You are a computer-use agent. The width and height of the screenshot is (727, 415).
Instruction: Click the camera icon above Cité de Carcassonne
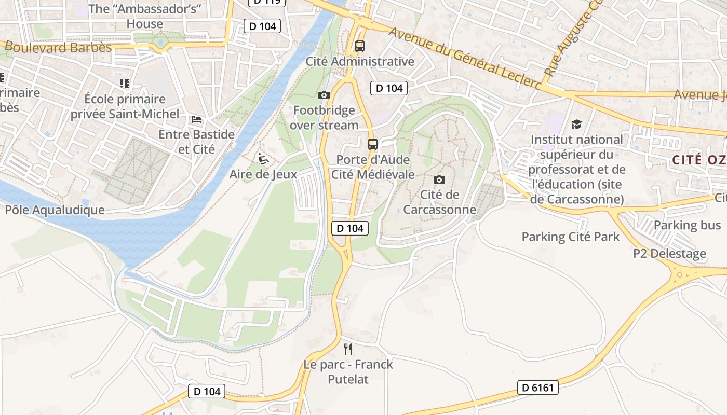click(x=439, y=179)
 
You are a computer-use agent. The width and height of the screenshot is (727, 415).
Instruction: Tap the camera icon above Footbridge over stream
click(x=324, y=95)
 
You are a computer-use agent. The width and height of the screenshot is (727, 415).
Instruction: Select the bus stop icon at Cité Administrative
click(x=360, y=46)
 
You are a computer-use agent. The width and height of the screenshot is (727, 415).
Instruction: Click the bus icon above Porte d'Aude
click(x=372, y=144)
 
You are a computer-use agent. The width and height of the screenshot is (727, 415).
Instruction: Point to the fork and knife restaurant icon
click(x=348, y=349)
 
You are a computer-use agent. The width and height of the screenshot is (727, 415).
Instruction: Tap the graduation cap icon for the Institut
click(x=576, y=124)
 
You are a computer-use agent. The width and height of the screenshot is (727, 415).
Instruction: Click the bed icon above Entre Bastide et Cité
click(x=196, y=119)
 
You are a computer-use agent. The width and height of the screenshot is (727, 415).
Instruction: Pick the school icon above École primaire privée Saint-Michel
click(x=125, y=83)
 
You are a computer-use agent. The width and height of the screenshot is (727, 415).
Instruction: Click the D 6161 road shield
click(x=538, y=388)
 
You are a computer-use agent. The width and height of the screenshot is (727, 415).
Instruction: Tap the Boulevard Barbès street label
click(x=58, y=48)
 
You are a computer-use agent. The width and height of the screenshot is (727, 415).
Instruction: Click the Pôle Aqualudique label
click(x=55, y=210)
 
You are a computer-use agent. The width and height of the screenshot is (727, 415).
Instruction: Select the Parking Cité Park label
click(x=570, y=237)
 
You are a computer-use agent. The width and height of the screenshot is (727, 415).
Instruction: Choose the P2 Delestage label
click(x=669, y=254)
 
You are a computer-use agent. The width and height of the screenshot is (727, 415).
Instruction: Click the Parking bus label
click(x=687, y=225)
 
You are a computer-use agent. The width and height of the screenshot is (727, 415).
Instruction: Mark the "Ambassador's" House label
click(x=144, y=16)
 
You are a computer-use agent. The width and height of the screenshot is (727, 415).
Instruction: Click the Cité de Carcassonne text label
click(x=439, y=202)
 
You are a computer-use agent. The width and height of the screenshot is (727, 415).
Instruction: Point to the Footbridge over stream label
click(x=324, y=118)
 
